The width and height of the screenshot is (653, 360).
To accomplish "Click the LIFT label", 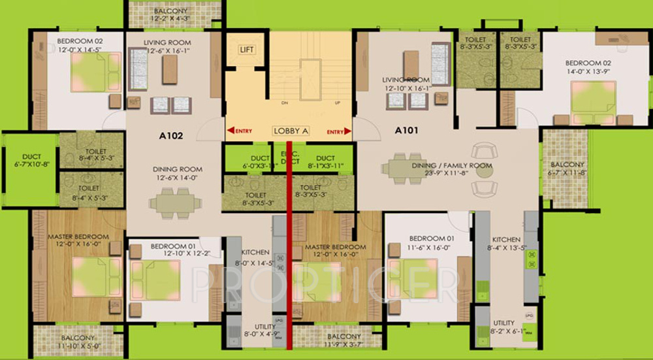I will click(246, 50).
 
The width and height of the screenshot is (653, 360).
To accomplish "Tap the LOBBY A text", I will click(291, 131).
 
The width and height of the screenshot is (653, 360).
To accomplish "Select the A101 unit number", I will click(406, 130).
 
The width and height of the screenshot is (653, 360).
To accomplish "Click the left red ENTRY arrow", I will click(230, 131).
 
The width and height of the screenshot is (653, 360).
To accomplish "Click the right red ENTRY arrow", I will click(348, 131).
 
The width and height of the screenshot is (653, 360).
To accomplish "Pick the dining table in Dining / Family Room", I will click(405, 168).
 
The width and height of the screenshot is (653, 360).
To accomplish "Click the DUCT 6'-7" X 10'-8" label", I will click(31, 161).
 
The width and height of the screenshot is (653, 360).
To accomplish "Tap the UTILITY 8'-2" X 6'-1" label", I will click(503, 327).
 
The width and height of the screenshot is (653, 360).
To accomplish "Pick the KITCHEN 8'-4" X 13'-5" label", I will click(506, 244).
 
